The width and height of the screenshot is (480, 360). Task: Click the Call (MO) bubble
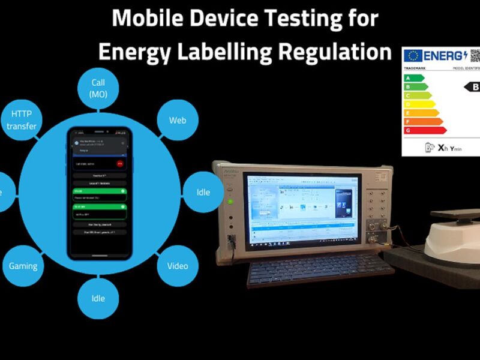[x=98, y=88]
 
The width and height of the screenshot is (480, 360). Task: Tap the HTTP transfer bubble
[x=22, y=119]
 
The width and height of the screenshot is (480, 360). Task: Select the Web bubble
[x=177, y=120]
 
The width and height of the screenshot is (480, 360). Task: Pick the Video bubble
[x=178, y=266]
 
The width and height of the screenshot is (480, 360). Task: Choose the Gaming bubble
[x=23, y=266]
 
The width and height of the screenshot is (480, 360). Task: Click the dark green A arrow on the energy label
[x=414, y=78]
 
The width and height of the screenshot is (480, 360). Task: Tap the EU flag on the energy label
[x=413, y=56]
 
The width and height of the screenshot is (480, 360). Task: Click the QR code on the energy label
[x=475, y=55]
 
